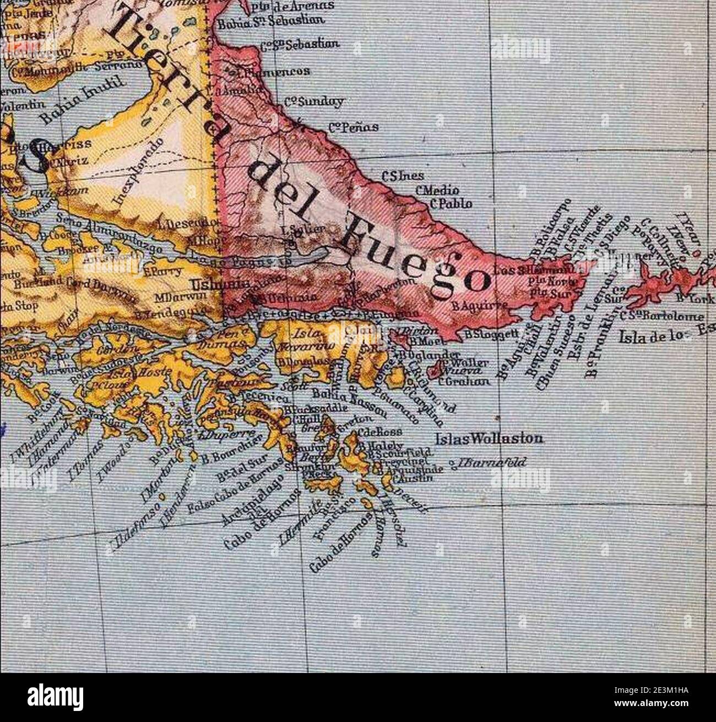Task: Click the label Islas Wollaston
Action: click(489, 439)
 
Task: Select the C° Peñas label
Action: click(353, 127)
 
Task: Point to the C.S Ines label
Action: click(403, 176)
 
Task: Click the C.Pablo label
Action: click(451, 204)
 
